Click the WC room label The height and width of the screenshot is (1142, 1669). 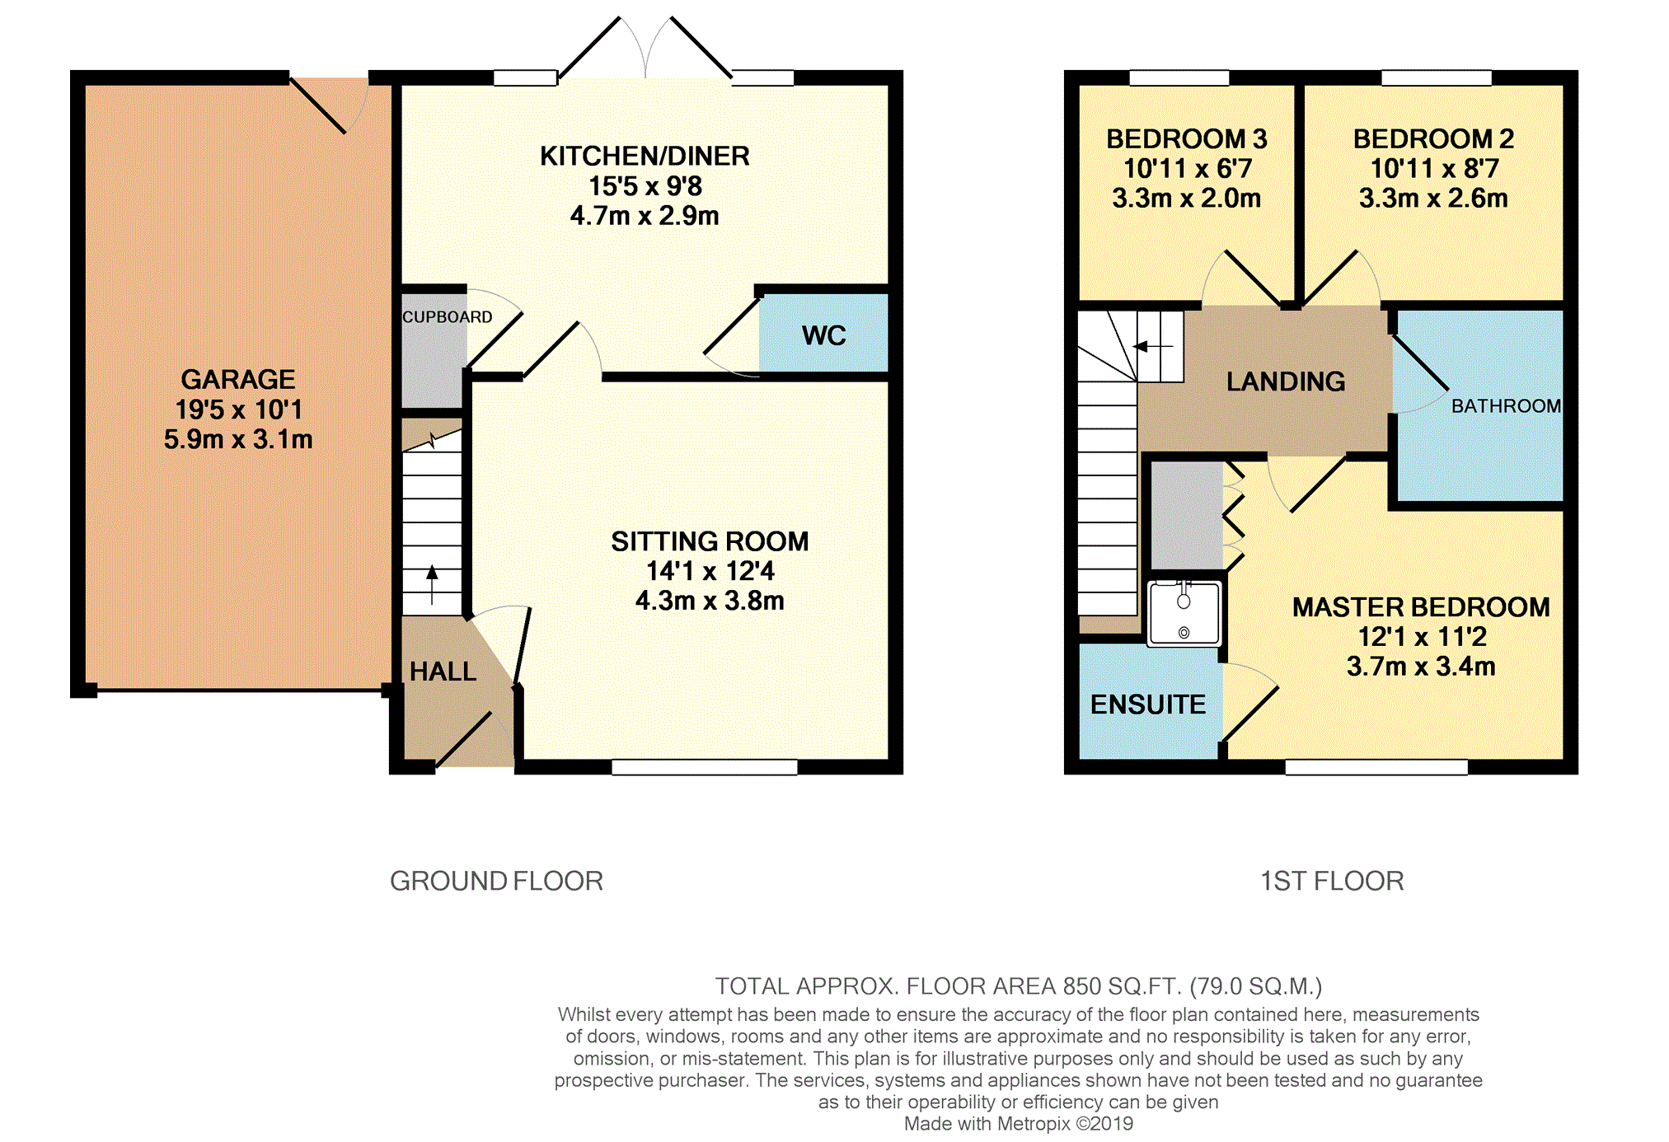click(x=823, y=335)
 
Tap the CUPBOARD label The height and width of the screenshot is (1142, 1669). click(x=448, y=317)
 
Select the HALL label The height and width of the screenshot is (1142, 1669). click(x=443, y=672)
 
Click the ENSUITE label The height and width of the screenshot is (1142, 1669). click(x=1147, y=704)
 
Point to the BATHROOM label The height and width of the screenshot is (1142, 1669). click(x=1506, y=406)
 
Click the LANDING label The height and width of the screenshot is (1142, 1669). click(x=1286, y=381)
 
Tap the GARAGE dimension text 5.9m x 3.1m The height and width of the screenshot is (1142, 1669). click(x=238, y=439)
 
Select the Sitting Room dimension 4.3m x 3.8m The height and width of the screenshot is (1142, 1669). click(x=710, y=601)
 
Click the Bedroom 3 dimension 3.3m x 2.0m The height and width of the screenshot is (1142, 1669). click(x=1187, y=199)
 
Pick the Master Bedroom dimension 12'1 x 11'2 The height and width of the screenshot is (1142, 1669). click(x=1422, y=637)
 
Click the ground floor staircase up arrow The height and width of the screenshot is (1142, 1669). click(x=432, y=584)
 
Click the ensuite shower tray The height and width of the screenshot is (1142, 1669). click(x=1184, y=613)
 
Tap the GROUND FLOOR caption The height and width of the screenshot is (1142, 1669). click(x=496, y=881)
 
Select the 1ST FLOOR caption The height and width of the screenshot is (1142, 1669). click(x=1332, y=881)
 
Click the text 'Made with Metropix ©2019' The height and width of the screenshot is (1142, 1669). click(x=1019, y=1124)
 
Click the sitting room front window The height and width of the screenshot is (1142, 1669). click(x=705, y=767)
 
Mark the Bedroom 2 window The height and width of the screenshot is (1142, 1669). click(x=1437, y=78)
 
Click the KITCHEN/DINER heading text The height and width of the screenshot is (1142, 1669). click(x=645, y=157)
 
